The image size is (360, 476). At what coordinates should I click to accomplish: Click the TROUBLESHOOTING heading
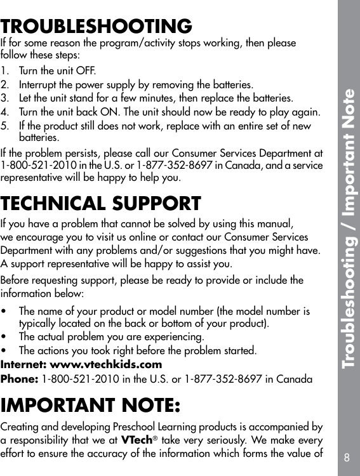tap(97, 27)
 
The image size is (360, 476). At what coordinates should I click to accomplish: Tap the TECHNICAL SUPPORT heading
tap(101, 204)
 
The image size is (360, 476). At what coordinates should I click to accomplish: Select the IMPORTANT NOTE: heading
tap(90, 404)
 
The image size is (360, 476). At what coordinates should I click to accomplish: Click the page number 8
tap(346, 457)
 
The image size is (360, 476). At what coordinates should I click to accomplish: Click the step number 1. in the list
tap(6, 70)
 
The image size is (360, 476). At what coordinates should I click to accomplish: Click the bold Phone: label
tap(20, 379)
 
